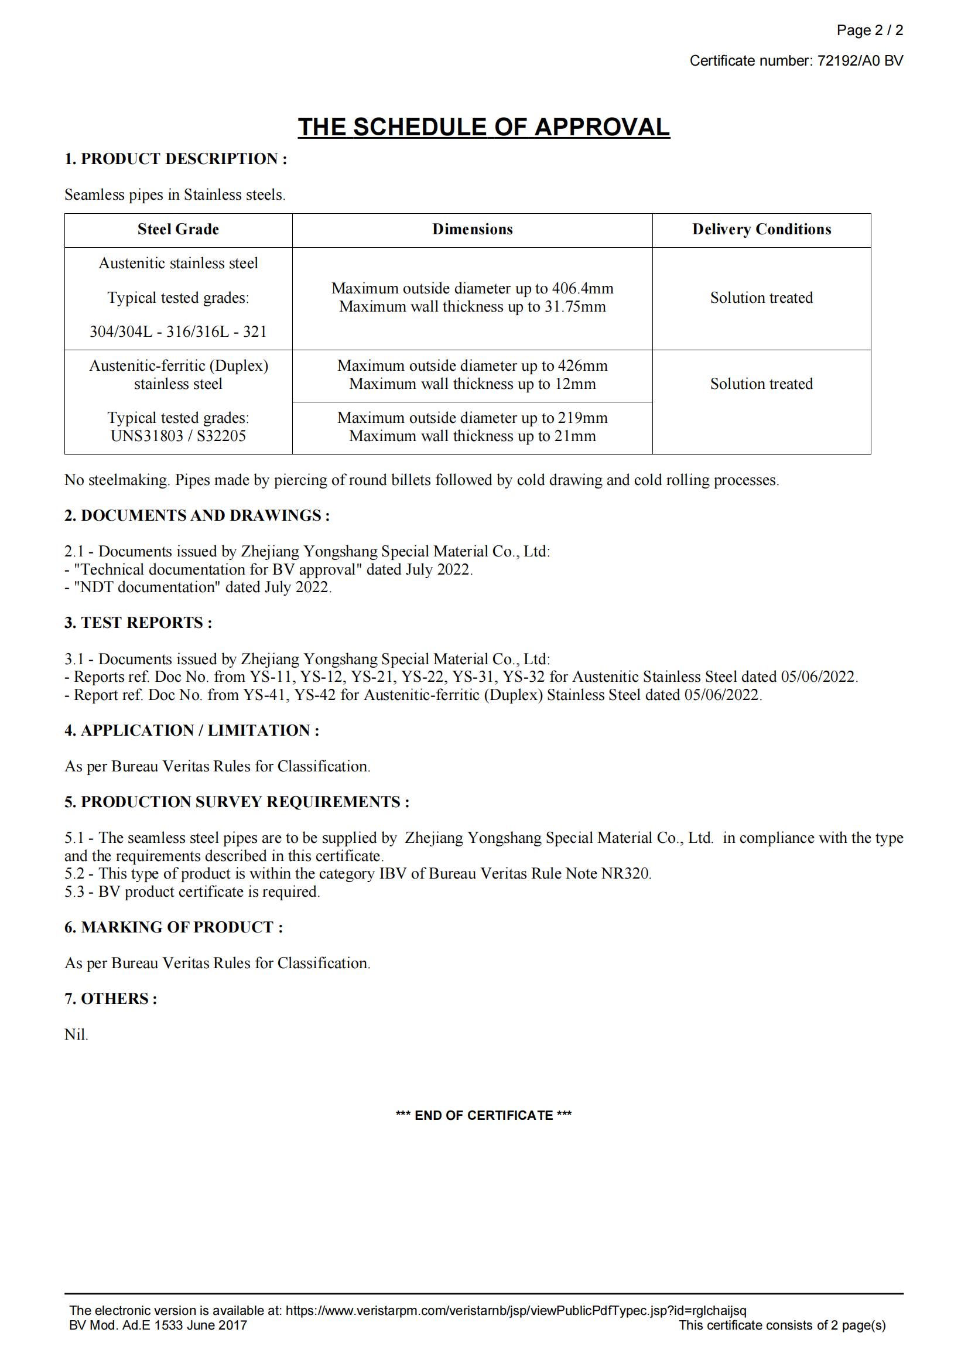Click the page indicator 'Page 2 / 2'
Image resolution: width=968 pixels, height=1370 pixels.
(869, 30)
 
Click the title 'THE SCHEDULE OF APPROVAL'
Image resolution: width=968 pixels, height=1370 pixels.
(484, 127)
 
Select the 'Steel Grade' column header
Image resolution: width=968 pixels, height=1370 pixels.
(179, 230)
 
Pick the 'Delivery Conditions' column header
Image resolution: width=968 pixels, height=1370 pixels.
(761, 230)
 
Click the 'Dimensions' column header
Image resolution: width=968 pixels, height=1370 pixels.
(473, 230)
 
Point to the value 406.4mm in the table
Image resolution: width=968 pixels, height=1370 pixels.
(582, 289)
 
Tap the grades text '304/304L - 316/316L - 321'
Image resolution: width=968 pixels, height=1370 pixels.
(179, 332)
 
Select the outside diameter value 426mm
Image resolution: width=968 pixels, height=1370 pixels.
(582, 365)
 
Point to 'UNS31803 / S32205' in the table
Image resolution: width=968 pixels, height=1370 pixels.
(179, 436)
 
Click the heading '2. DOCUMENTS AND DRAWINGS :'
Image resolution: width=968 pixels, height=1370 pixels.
(197, 515)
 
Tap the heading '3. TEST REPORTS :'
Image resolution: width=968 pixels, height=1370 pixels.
(138, 623)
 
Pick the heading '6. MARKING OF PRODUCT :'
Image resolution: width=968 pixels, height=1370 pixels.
(173, 927)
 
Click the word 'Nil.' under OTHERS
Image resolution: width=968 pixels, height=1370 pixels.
(76, 1034)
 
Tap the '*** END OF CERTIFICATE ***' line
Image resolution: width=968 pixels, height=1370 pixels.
(484, 1115)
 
